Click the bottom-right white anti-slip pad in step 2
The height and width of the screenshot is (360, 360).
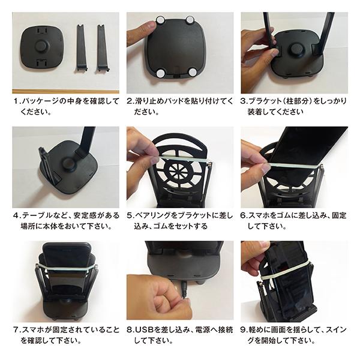[192, 71]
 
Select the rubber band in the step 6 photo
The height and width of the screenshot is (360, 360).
[294, 163]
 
